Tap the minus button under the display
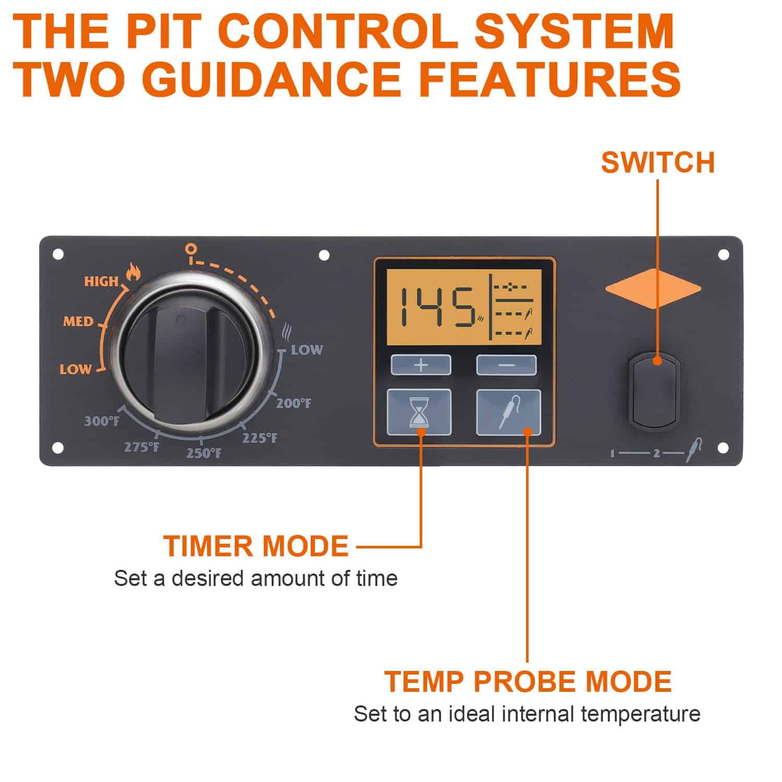(x=506, y=365)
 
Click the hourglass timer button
(x=419, y=412)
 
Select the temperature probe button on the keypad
(x=508, y=412)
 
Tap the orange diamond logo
(x=653, y=288)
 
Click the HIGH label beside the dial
(x=102, y=282)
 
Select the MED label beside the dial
(x=78, y=321)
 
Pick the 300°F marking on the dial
(x=102, y=421)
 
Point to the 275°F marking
(x=141, y=446)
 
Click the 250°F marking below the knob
(x=204, y=453)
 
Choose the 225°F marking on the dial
(x=260, y=438)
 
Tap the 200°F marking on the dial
(x=294, y=403)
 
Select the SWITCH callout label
(x=657, y=162)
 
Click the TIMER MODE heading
(x=255, y=546)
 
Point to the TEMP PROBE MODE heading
(x=528, y=681)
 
